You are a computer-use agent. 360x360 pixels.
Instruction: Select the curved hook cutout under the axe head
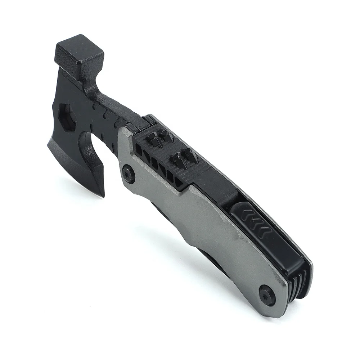point(90,142)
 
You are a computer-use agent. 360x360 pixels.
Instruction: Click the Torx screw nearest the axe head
point(129,173)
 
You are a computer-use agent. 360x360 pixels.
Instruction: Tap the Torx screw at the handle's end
point(267,293)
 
